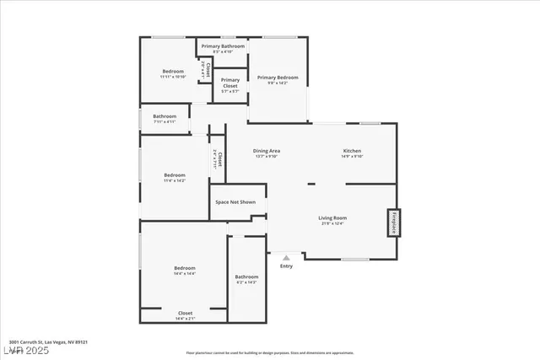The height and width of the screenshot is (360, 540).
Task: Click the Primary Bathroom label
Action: (x=223, y=46)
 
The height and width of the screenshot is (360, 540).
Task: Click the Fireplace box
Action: (x=393, y=223)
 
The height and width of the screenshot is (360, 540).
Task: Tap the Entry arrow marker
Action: (x=286, y=258)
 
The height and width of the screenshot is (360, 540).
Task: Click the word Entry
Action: (x=286, y=266)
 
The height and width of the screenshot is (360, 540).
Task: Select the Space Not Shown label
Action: (x=235, y=202)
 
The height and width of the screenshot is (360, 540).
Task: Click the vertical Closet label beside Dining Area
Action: (x=218, y=157)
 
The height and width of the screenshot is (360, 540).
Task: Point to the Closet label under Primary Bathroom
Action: (x=203, y=71)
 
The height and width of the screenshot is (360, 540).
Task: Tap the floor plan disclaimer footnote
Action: (x=270, y=352)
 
